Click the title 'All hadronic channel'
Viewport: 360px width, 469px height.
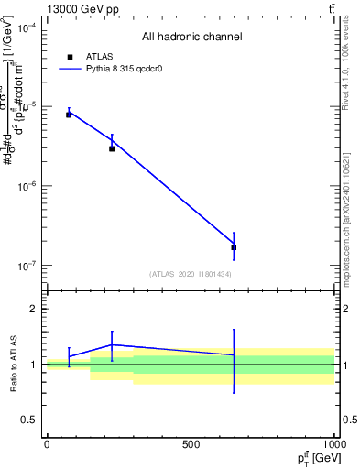tap(191, 38)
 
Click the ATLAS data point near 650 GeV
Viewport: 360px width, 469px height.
tap(234, 247)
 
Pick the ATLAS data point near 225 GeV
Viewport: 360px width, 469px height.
tap(112, 147)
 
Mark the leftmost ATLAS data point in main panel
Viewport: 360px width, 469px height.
tap(69, 115)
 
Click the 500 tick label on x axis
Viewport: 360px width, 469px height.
tap(191, 443)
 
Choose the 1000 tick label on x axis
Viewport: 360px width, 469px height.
tap(333, 443)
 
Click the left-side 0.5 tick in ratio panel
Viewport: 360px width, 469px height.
tap(29, 420)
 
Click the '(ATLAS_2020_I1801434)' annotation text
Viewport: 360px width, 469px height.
tap(190, 274)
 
